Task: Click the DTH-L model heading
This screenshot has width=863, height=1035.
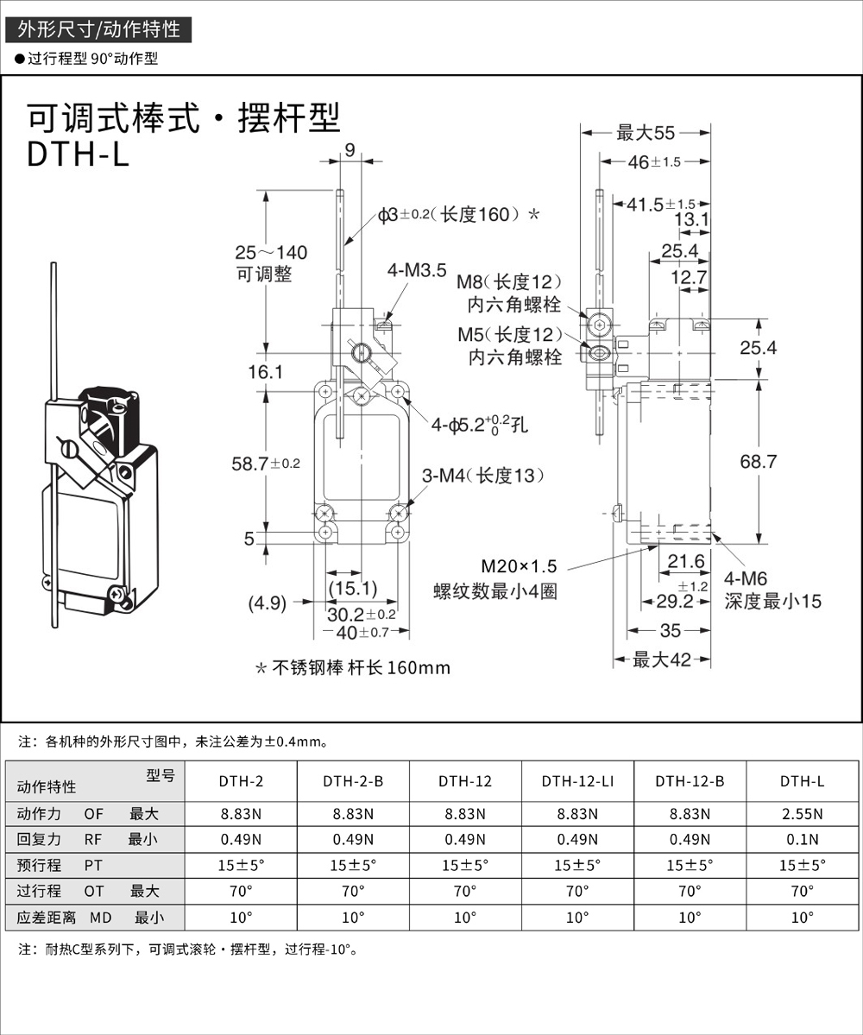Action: click(78, 154)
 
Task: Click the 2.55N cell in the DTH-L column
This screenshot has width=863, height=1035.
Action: click(802, 813)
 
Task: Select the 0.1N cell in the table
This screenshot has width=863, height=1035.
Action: click(802, 838)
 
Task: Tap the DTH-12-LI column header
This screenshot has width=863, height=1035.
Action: click(577, 781)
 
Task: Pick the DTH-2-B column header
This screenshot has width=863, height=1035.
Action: click(353, 781)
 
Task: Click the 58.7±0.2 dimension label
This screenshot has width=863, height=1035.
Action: click(266, 464)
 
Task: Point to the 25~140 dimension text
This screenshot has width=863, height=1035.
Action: click(271, 253)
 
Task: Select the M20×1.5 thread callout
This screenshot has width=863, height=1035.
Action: click(520, 567)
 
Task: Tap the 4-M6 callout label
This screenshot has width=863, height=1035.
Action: click(746, 579)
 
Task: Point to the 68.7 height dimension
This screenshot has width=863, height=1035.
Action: click(759, 462)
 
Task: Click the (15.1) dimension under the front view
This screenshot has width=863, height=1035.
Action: click(353, 588)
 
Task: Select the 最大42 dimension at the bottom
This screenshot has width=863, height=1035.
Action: click(662, 660)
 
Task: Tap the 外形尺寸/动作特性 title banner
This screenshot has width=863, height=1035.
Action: click(98, 29)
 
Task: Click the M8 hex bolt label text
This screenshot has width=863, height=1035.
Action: click(509, 282)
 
